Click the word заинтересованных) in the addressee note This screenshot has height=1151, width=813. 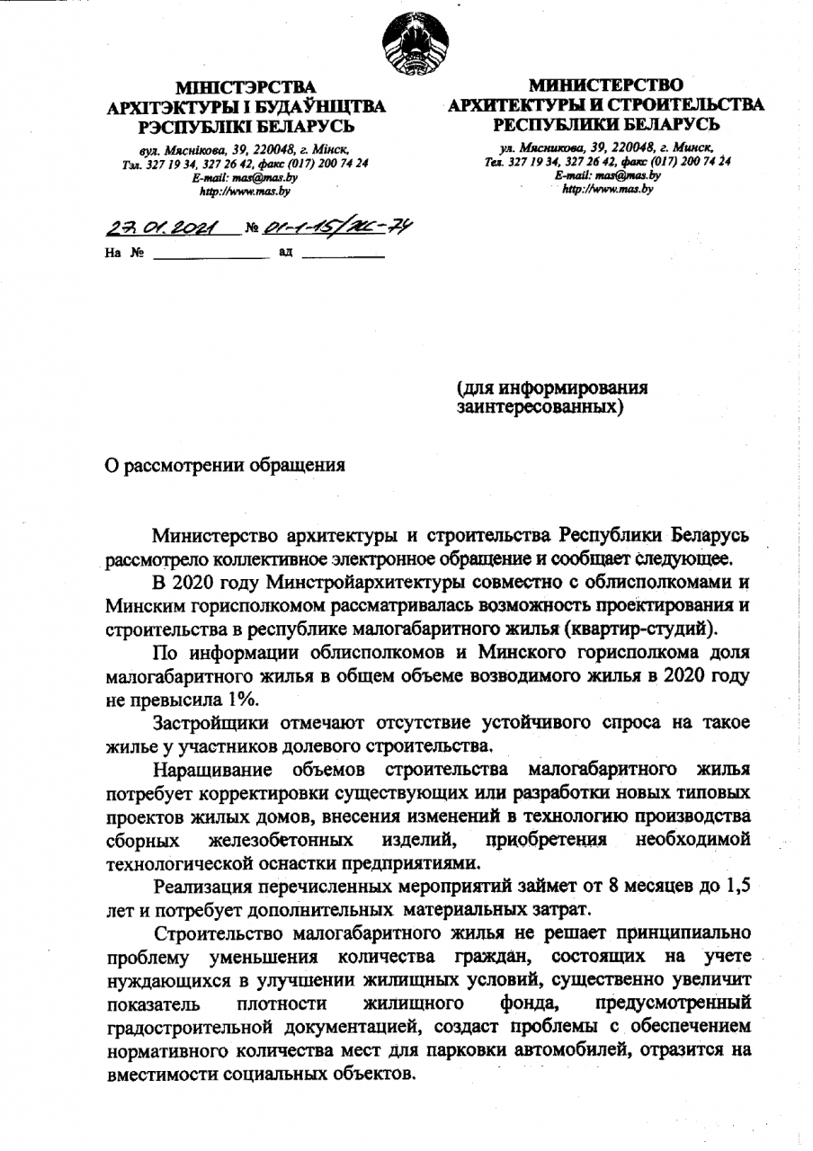[541, 406]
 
